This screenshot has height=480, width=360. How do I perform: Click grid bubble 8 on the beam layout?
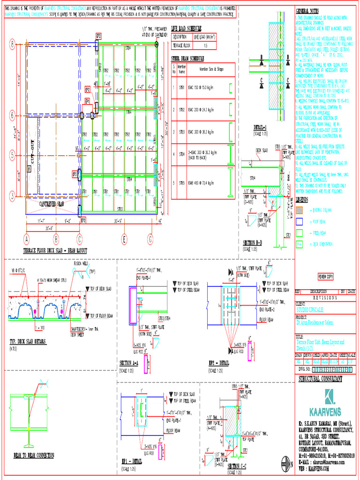tap(12, 45)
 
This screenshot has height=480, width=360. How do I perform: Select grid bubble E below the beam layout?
tap(124, 239)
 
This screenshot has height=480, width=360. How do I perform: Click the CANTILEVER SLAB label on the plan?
tap(52, 204)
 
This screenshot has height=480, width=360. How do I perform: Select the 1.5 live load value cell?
tap(205, 45)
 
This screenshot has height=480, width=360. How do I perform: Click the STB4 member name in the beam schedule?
tap(181, 154)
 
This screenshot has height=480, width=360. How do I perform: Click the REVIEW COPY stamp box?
tap(326, 277)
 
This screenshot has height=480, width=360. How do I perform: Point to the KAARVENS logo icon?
tap(330, 397)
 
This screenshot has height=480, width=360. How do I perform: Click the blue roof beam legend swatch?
tap(300, 220)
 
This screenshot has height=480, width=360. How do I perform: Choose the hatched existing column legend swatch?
tap(300, 209)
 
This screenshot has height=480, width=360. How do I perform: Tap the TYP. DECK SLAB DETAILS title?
tap(28, 341)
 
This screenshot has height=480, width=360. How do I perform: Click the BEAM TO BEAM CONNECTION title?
tap(33, 455)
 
